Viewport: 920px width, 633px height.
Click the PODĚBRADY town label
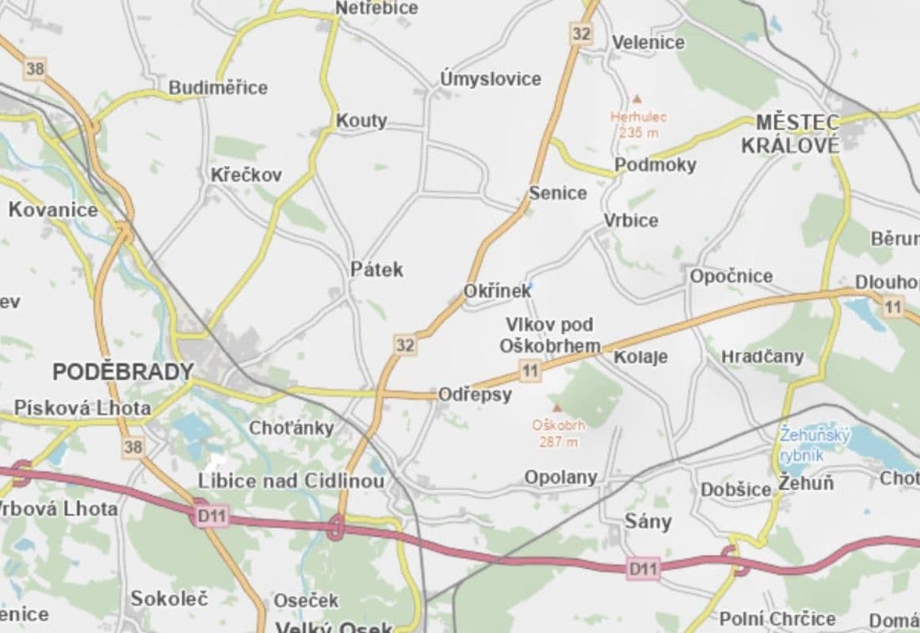click(x=123, y=371)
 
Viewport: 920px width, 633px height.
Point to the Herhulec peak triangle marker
click(x=637, y=99)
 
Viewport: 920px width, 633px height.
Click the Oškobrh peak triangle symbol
click(x=557, y=407)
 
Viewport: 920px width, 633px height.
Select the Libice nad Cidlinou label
click(x=291, y=481)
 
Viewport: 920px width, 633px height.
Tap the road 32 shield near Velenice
click(x=581, y=33)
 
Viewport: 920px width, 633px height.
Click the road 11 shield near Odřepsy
click(x=530, y=370)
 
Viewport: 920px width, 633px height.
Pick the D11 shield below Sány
click(x=642, y=568)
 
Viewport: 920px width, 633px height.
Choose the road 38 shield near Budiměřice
click(x=35, y=68)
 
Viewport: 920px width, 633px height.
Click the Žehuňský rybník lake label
click(x=814, y=444)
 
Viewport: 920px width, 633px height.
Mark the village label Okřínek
click(x=497, y=291)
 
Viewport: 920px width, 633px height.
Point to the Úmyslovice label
click(x=491, y=79)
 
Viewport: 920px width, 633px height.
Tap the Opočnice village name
click(x=731, y=276)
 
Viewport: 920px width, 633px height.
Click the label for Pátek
click(x=377, y=269)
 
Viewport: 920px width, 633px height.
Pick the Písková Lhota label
click(x=82, y=408)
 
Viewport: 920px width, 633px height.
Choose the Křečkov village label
click(x=245, y=175)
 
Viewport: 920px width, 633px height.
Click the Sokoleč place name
click(x=169, y=598)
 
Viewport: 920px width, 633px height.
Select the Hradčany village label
click(x=762, y=357)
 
